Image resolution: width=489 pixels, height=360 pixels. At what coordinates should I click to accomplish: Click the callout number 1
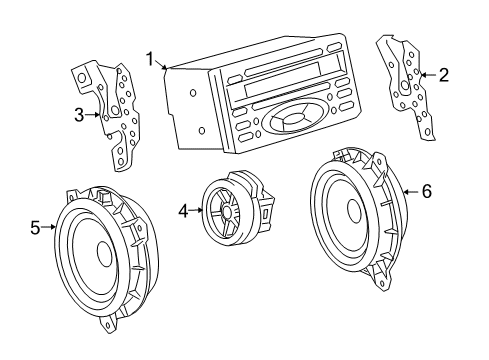[x=150, y=58]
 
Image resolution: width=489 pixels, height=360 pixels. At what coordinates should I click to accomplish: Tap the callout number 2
[x=444, y=73]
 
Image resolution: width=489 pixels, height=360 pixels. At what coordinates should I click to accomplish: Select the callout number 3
[x=79, y=115]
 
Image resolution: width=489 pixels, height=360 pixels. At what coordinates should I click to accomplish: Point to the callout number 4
[x=183, y=210]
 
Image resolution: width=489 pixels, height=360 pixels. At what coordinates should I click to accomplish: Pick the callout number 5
[x=36, y=228]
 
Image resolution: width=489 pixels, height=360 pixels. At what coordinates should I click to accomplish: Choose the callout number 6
[x=426, y=190]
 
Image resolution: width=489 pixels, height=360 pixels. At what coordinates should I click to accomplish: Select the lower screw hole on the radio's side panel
[x=202, y=130]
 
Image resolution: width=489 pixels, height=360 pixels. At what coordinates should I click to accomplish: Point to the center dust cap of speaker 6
[x=353, y=211]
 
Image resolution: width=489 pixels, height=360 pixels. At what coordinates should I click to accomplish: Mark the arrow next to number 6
[x=410, y=190]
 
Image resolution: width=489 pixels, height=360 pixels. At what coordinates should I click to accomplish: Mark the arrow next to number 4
[x=196, y=210]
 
